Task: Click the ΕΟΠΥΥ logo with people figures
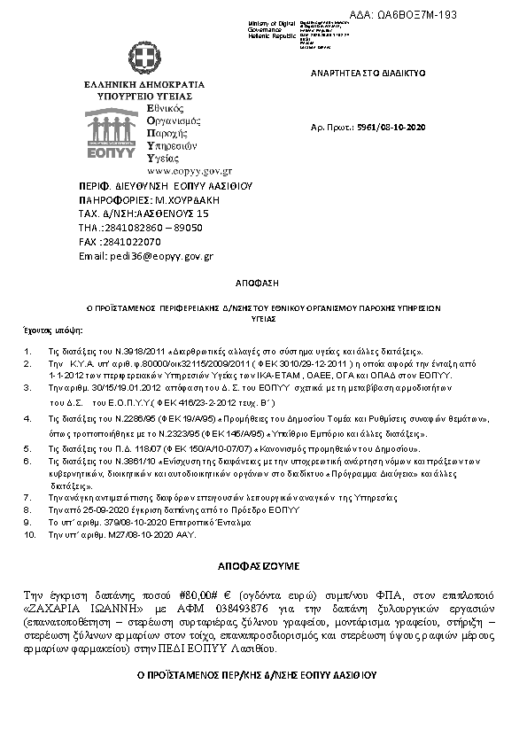(x=112, y=132)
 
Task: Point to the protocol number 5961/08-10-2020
(x=392, y=128)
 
